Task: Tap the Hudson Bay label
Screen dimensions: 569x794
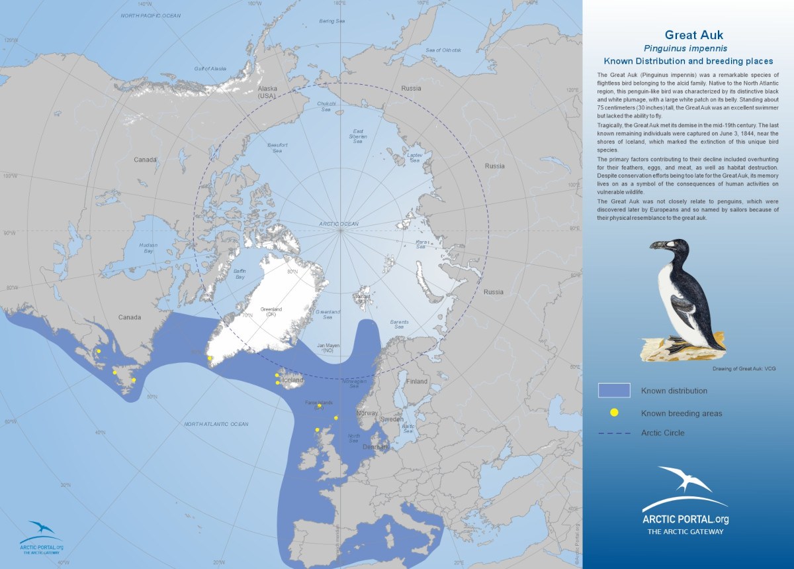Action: (148, 248)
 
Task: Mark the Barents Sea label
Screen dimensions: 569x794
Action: (399, 325)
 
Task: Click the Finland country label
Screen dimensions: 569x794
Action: (418, 382)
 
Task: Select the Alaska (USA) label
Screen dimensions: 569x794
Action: (268, 92)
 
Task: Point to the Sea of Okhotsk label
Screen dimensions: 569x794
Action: (443, 50)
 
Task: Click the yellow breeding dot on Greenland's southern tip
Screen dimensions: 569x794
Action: (210, 358)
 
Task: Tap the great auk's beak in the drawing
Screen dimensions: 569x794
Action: (659, 245)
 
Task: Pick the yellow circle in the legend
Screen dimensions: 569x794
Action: (614, 413)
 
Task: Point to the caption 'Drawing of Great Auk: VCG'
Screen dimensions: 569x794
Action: (744, 368)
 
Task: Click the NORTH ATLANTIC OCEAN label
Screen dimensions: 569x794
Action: (216, 424)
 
